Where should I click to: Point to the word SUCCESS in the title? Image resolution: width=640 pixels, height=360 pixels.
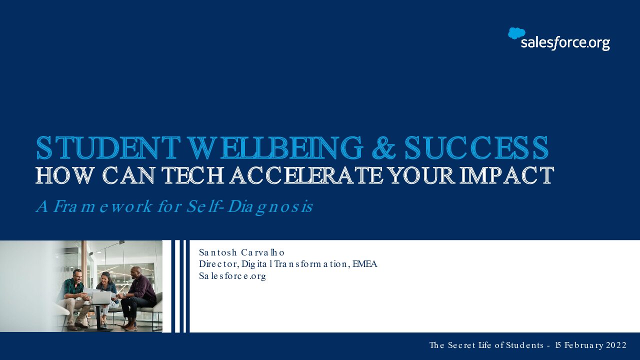476,147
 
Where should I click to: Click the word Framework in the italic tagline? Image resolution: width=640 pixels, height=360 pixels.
103,206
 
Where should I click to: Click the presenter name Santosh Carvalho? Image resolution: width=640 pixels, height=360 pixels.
241,252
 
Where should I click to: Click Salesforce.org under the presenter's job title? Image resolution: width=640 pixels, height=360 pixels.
232,276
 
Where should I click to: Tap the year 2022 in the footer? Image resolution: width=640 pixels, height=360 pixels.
616,345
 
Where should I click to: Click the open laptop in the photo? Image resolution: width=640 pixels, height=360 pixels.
101,297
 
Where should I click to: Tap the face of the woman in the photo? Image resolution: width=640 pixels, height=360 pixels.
105,277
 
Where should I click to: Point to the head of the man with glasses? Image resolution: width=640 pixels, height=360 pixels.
77,276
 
